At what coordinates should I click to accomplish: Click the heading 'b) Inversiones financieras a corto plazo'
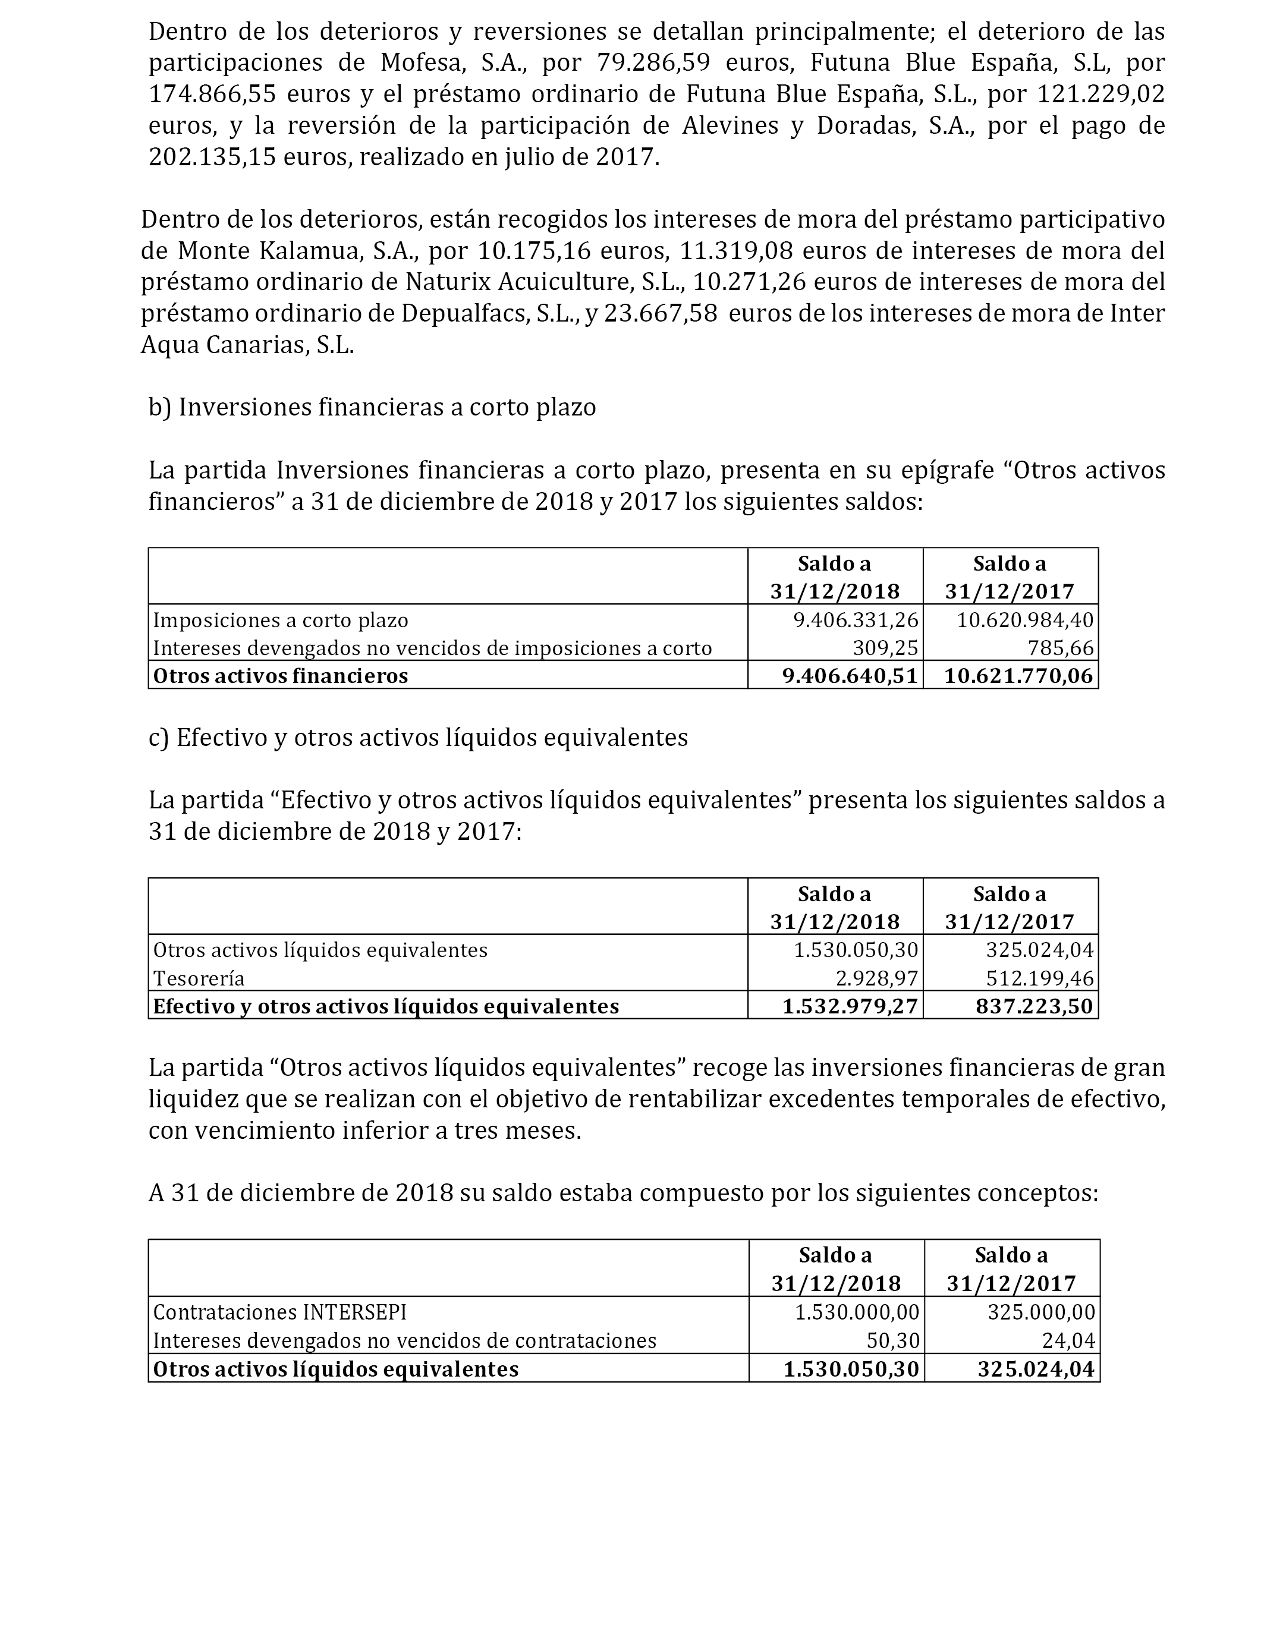click(372, 407)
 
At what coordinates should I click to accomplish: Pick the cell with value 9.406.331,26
click(856, 620)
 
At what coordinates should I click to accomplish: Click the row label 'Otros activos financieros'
click(281, 675)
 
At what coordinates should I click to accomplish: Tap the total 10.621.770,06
click(1018, 675)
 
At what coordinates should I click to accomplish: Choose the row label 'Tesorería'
click(199, 978)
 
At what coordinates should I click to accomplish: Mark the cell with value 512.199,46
click(1039, 978)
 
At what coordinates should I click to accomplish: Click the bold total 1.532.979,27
click(850, 1006)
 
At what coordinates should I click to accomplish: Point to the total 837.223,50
click(1034, 1006)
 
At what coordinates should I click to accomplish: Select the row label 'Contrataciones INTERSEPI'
click(280, 1312)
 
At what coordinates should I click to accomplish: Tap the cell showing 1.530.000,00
click(857, 1312)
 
